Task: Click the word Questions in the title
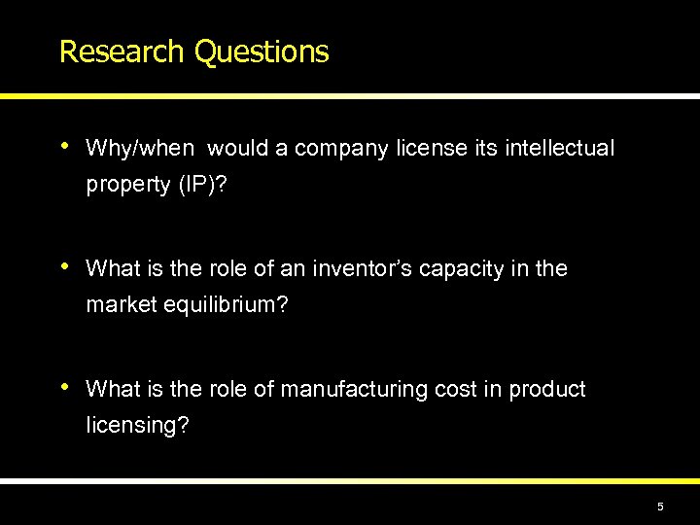click(x=262, y=52)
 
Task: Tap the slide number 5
click(x=660, y=507)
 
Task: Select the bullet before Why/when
click(x=64, y=147)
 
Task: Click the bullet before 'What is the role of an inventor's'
click(x=64, y=266)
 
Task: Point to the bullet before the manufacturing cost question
click(x=64, y=388)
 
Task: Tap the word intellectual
click(x=560, y=149)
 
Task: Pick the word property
click(x=125, y=185)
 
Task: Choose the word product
click(x=546, y=390)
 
